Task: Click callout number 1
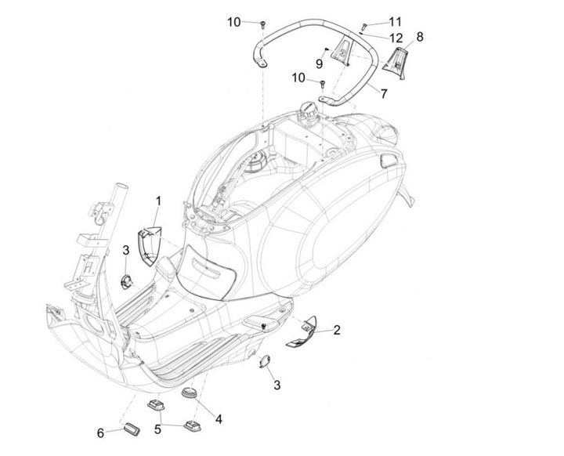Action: point(157,201)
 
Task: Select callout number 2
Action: point(336,330)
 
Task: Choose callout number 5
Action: point(157,429)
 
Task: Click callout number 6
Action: point(100,432)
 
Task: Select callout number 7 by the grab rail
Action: point(383,93)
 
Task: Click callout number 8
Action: point(420,36)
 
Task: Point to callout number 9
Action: point(320,63)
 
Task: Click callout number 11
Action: point(395,20)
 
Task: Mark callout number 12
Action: point(396,37)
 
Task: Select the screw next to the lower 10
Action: point(322,82)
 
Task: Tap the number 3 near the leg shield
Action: point(126,250)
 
